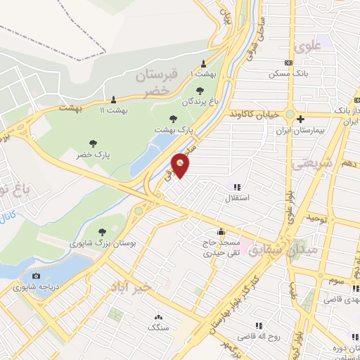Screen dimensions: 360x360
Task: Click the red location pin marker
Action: [x=181, y=165]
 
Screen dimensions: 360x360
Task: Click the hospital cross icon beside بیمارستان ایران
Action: [x=300, y=119]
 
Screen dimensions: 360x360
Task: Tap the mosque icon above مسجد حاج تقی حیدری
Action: [x=221, y=231]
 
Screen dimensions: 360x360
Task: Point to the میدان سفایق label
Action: [x=276, y=250]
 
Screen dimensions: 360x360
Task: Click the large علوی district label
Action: [x=310, y=49]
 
